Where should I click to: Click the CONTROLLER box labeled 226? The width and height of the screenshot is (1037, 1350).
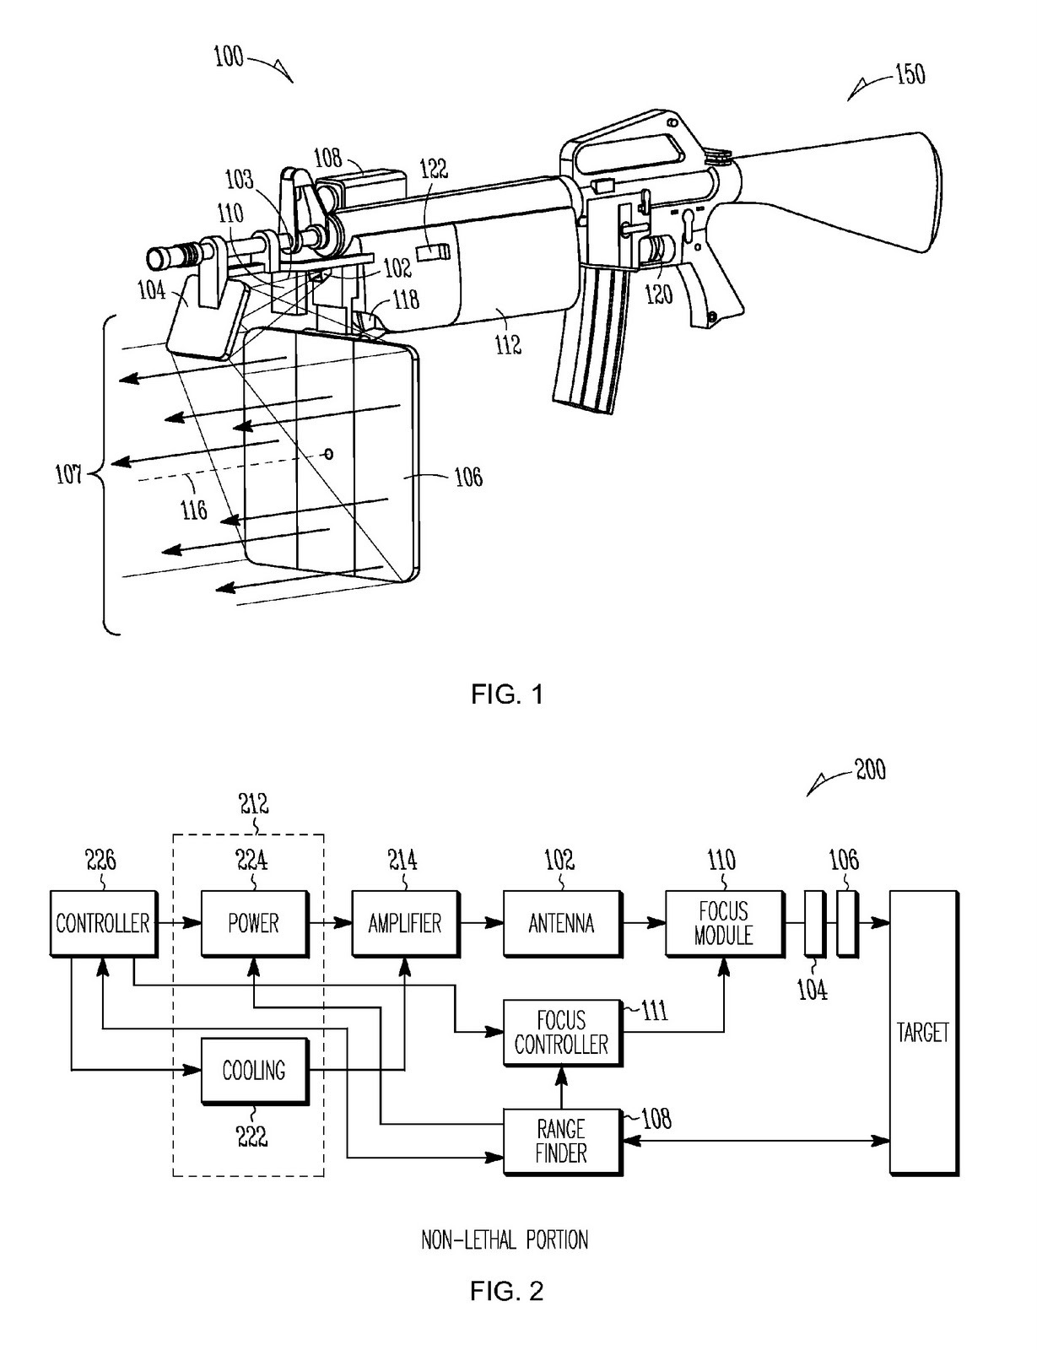coord(102,923)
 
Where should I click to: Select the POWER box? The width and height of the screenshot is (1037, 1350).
coord(253,923)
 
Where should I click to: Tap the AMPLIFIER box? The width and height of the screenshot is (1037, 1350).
coord(404,923)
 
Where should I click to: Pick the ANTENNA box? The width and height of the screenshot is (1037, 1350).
coord(561,923)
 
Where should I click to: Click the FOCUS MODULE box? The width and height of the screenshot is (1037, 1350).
coord(723,923)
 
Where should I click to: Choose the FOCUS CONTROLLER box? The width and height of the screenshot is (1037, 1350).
coord(561,1033)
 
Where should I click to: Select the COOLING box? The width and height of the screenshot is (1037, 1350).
coord(253,1071)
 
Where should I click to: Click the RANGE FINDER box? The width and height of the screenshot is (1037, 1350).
coord(561,1141)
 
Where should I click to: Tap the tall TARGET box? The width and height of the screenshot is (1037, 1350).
coord(923,1033)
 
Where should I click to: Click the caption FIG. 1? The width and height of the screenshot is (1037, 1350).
coord(506,694)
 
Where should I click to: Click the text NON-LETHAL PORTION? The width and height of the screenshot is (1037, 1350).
coord(505,1239)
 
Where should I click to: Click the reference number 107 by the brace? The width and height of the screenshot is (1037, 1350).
coord(69,475)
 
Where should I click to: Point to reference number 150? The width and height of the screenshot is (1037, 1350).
coord(910,74)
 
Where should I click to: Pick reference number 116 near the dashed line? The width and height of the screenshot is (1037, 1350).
coord(194,510)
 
